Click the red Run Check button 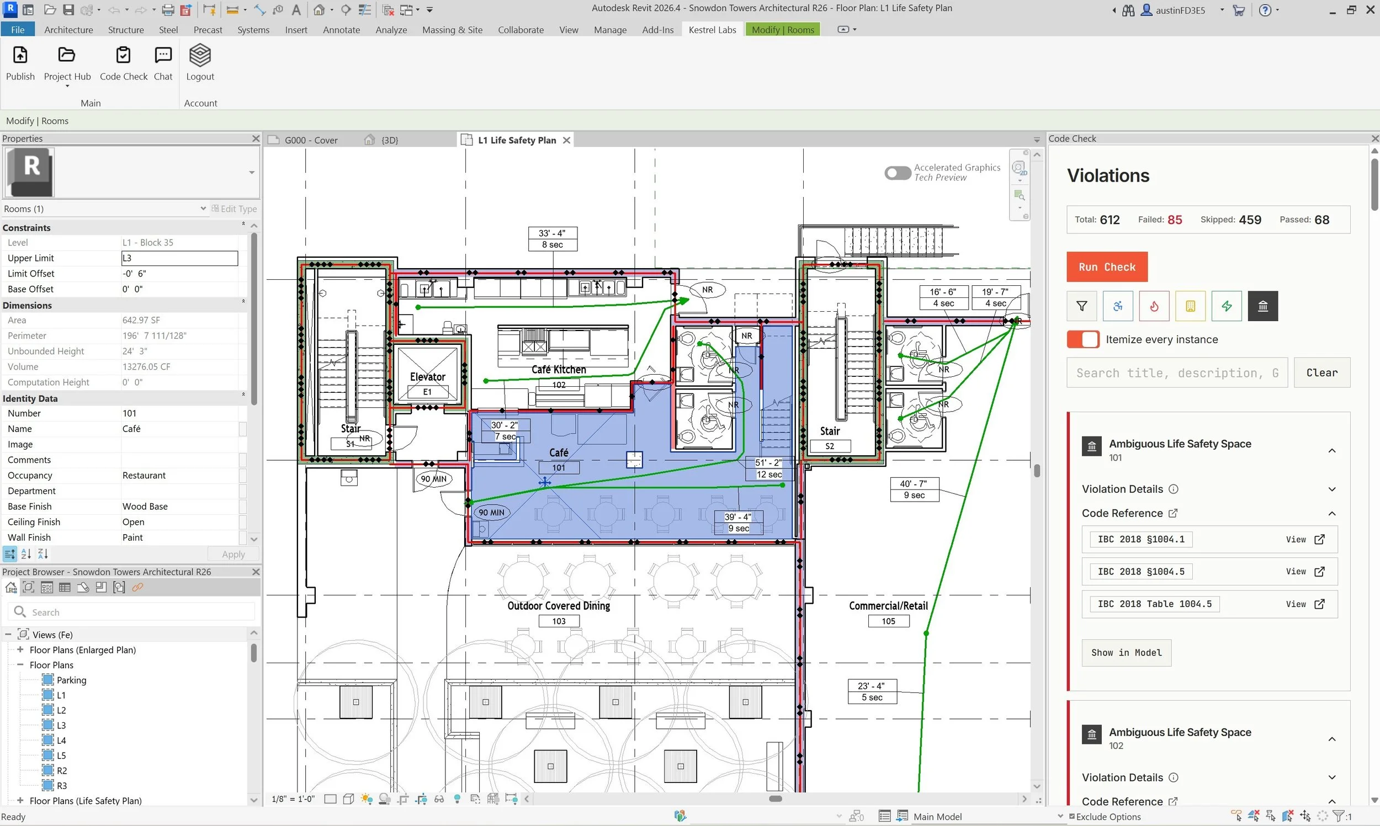click(1106, 267)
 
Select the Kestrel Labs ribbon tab click(712, 29)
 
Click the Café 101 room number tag click(558, 467)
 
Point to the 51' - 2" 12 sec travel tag click(768, 468)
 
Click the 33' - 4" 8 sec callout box click(551, 239)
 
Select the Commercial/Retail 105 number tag click(888, 621)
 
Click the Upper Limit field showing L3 click(179, 258)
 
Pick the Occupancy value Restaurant click(144, 475)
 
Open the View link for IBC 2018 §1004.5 click(1304, 572)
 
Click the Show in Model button click(1126, 652)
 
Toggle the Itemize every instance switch click(1082, 339)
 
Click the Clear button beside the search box click(1321, 372)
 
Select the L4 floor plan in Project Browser click(61, 740)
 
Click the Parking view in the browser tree click(71, 680)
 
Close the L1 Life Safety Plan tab click(566, 140)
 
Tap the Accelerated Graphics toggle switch click(898, 173)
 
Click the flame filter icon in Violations click(1154, 306)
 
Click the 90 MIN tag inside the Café click(491, 513)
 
